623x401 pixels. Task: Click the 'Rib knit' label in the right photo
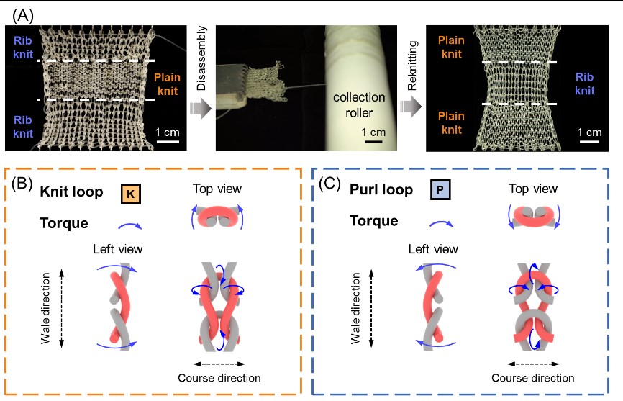tap(584, 83)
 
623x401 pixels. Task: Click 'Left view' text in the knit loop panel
tap(117, 249)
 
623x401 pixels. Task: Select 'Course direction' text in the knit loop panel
tap(219, 377)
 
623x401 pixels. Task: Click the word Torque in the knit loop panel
tap(64, 223)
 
